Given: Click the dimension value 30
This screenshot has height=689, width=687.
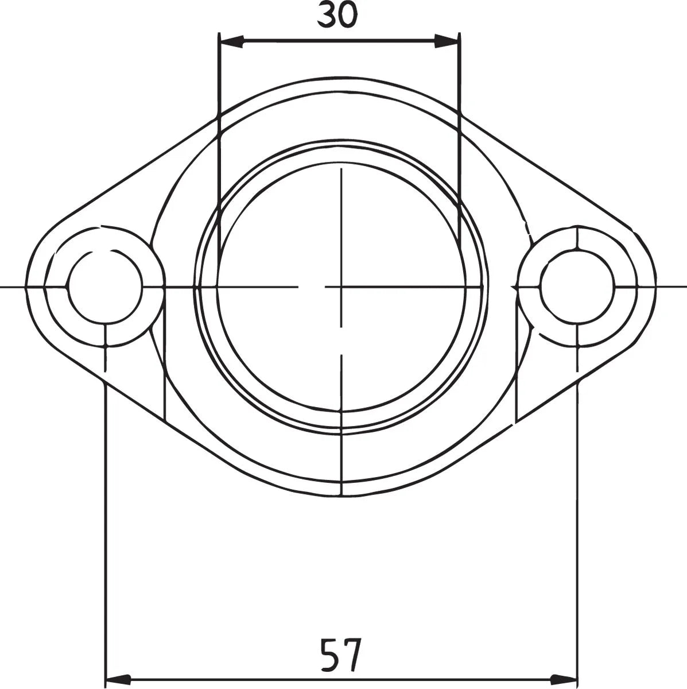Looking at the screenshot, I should (337, 16).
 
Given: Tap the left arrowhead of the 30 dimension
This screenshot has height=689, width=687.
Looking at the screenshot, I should (232, 41).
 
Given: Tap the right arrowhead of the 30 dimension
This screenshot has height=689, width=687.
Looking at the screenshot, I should (447, 41).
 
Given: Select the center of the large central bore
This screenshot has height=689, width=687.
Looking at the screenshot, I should (341, 286).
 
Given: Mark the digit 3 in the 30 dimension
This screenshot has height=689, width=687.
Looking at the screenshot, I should (327, 16).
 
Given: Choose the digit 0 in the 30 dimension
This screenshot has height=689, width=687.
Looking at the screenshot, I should (347, 16).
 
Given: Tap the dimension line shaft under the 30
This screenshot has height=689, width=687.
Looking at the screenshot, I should (339, 41).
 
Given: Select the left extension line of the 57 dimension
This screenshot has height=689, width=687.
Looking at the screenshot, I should (106, 517).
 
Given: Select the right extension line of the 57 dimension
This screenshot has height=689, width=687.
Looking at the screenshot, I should (577, 517).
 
